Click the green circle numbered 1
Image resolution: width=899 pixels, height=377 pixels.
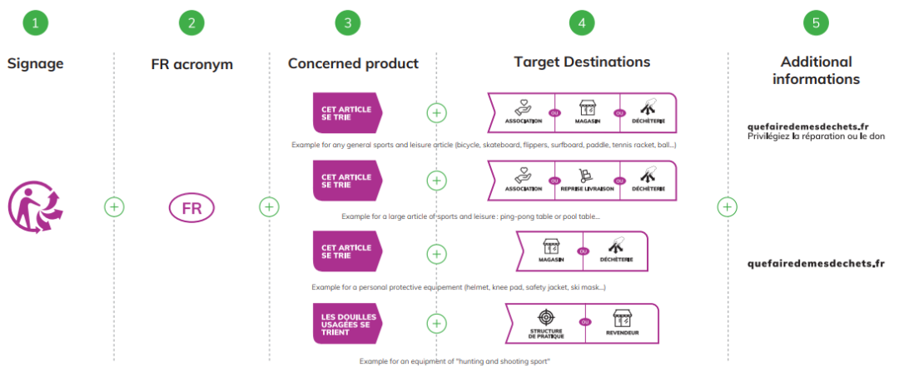click(35, 22)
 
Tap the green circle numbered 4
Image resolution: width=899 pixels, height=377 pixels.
click(582, 22)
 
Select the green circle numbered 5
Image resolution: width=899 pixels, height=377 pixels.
click(816, 22)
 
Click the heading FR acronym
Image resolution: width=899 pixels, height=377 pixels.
click(192, 64)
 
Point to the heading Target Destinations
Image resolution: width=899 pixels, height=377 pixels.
click(582, 62)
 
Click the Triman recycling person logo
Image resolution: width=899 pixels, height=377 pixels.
click(36, 206)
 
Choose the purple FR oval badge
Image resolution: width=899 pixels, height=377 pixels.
click(191, 207)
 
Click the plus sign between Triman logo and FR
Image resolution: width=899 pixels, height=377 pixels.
click(114, 206)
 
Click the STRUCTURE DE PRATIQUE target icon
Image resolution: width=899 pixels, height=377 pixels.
click(545, 318)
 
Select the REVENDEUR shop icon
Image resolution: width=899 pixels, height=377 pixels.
click(623, 318)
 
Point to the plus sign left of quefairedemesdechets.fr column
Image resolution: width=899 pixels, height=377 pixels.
click(727, 206)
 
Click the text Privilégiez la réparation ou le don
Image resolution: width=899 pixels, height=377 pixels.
click(816, 136)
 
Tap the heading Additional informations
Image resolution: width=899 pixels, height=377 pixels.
click(816, 71)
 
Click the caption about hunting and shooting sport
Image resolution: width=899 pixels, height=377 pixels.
click(454, 361)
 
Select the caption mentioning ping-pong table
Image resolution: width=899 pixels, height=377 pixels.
click(470, 216)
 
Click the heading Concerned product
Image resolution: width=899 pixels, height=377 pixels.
click(353, 63)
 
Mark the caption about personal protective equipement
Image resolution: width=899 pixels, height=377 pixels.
click(459, 287)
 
